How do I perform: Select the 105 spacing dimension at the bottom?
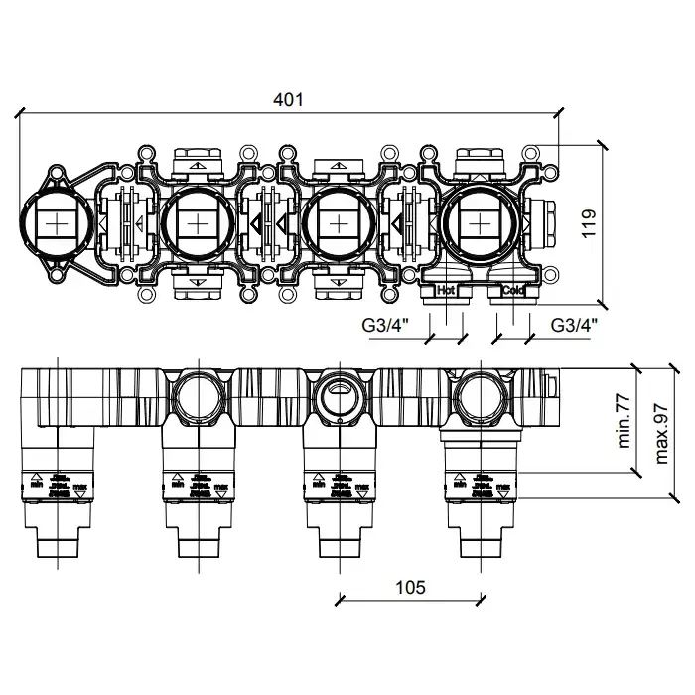pos(409,586)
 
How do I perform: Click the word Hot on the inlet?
pos(446,291)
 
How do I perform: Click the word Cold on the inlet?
pos(512,291)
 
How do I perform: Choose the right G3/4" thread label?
pos(575,324)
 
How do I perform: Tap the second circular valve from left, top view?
pos(198,221)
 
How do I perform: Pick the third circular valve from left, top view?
pos(339,221)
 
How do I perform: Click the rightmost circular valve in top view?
pos(480,221)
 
